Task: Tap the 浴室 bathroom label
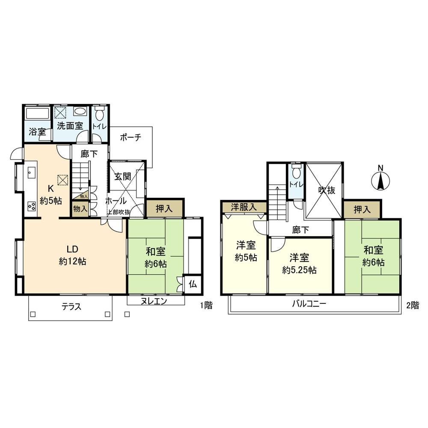click(x=37, y=131)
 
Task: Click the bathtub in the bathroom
click(x=37, y=114)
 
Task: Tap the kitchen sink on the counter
click(x=31, y=173)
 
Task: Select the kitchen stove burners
click(x=32, y=205)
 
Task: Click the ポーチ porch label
click(x=131, y=138)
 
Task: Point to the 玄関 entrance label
click(x=122, y=176)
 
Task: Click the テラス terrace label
click(x=71, y=306)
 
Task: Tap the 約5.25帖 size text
click(x=299, y=270)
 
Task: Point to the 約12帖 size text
click(x=72, y=262)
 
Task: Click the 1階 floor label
click(x=206, y=306)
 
